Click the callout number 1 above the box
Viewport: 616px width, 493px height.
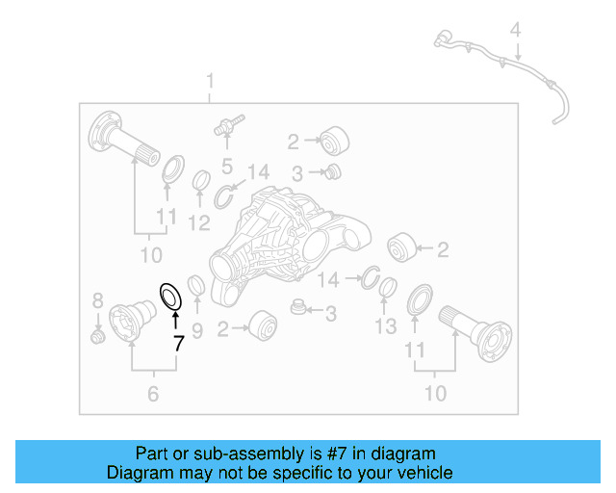211,82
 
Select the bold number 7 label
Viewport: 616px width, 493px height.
177,343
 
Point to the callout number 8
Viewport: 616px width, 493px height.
97,299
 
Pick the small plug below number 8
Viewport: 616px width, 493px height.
96,336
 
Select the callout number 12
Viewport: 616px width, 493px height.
198,223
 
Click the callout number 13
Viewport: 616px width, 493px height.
385,326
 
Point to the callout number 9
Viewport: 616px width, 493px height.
197,331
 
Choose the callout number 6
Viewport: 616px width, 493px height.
152,393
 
